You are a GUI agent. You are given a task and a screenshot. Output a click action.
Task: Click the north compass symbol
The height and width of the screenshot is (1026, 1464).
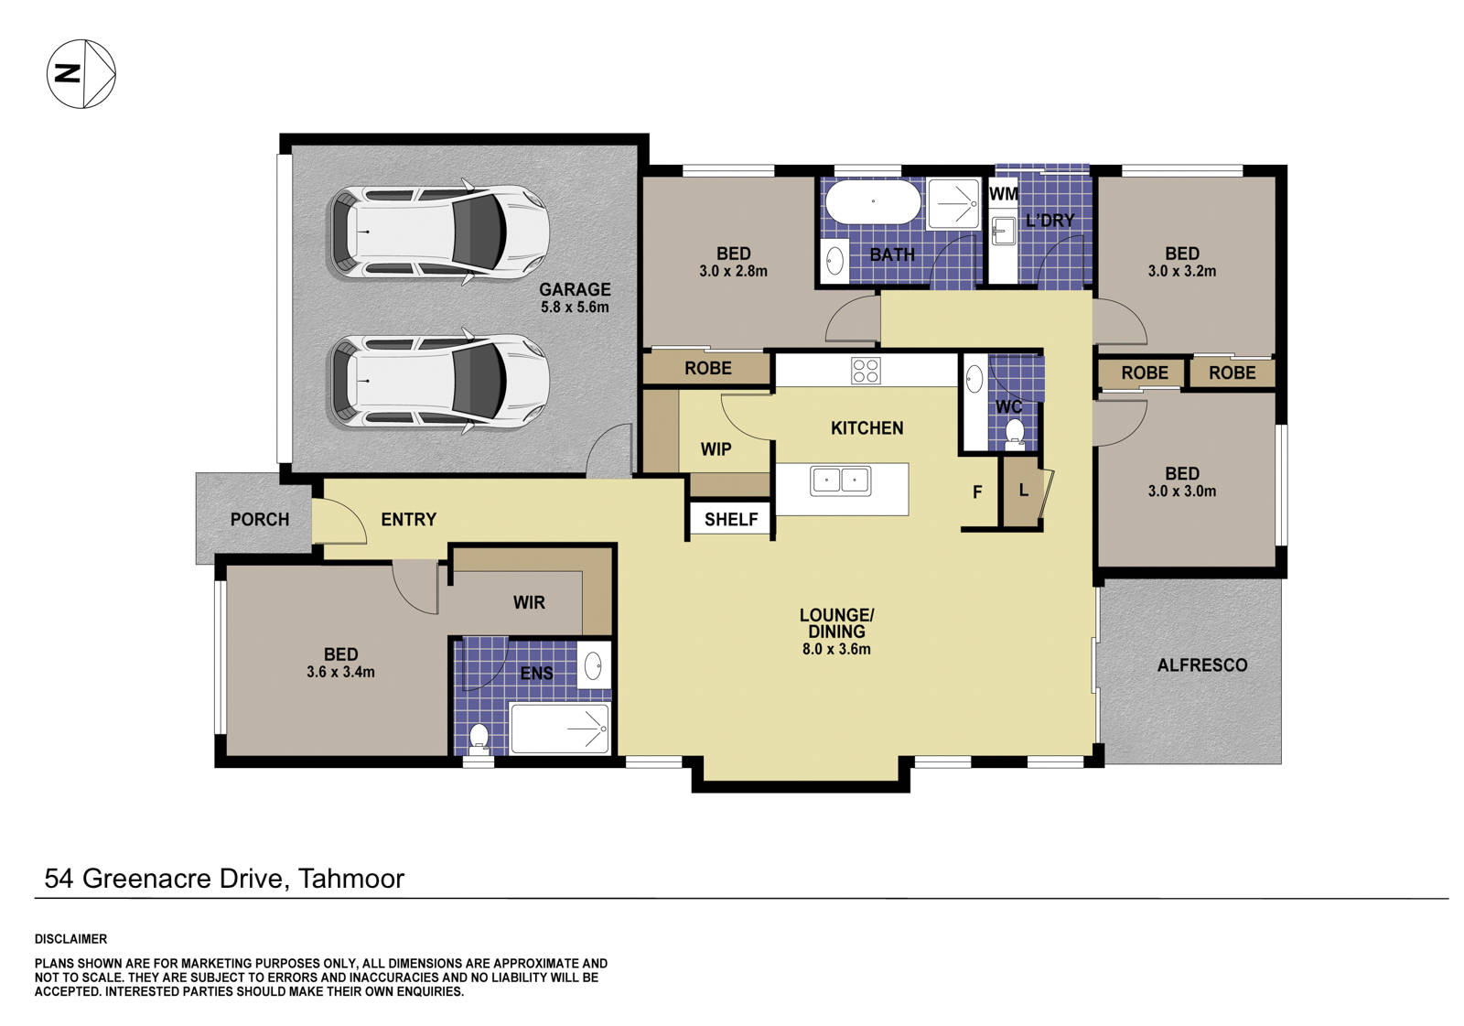[x=81, y=73]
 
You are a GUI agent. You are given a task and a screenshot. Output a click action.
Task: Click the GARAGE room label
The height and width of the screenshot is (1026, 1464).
[x=575, y=289]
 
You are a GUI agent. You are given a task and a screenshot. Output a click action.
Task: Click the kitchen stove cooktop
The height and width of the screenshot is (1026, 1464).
[x=866, y=370]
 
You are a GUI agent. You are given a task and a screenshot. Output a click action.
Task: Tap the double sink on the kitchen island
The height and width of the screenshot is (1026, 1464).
[x=840, y=480]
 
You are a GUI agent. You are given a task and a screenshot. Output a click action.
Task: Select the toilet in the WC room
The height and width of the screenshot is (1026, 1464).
[x=1014, y=432]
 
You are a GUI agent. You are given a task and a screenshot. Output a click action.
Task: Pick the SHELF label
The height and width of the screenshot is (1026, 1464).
[x=731, y=519]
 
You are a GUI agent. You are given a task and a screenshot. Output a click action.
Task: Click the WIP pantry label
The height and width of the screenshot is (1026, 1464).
[x=716, y=449]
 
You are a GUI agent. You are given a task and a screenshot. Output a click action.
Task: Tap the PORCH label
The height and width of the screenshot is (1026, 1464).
[x=259, y=519]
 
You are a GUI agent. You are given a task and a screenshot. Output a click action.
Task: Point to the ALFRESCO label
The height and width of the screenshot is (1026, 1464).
[x=1201, y=665]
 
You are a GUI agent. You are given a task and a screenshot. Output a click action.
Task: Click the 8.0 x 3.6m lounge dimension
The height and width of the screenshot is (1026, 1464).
[x=836, y=649]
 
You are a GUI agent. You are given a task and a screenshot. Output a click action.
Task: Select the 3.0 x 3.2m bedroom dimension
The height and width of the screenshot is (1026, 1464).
[x=1181, y=271]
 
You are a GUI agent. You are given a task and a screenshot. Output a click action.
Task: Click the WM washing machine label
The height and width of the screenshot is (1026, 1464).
[x=1003, y=194]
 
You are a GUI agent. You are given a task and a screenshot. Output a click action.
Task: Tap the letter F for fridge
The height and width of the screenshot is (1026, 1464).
[x=977, y=492]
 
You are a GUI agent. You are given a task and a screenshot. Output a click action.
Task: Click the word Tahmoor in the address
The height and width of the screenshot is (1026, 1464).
[x=351, y=879]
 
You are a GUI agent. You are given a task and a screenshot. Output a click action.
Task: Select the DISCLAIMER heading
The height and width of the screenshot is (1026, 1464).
[x=70, y=939]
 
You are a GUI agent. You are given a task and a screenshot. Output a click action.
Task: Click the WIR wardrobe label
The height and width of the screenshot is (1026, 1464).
[x=529, y=602]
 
